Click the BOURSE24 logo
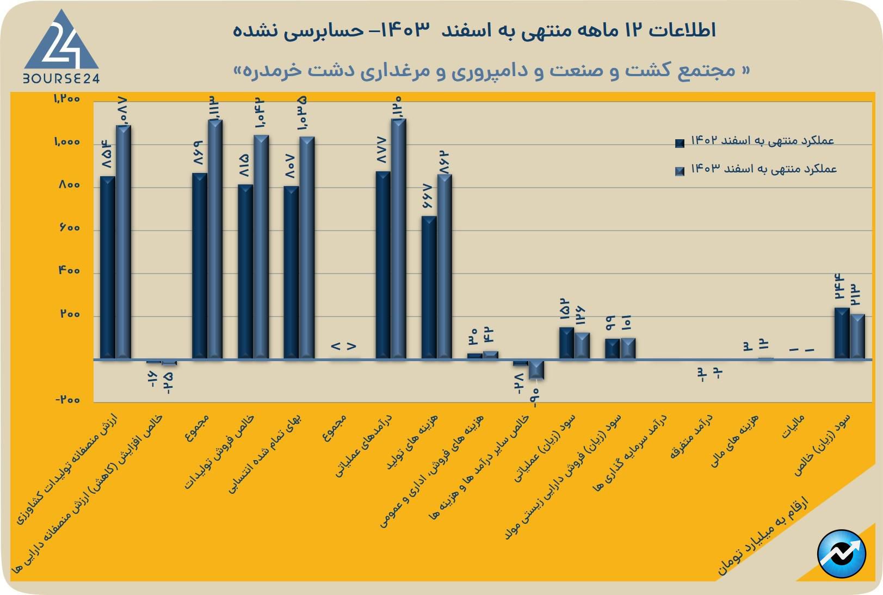pyautogui.click(x=61, y=49)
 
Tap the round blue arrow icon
pyautogui.click(x=841, y=554)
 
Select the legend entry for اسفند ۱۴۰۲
pyautogui.click(x=756, y=141)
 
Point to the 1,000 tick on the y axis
pyautogui.click(x=67, y=142)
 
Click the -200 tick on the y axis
pyautogui.click(x=67, y=400)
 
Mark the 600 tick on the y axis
pyautogui.click(x=69, y=228)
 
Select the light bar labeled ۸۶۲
pyautogui.click(x=444, y=266)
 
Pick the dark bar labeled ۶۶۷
pyautogui.click(x=429, y=287)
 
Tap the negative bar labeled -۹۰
pyautogui.click(x=536, y=369)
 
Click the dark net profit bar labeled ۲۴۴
pyautogui.click(x=842, y=333)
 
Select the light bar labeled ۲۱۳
pyautogui.click(x=857, y=336)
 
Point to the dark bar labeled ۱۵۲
pyautogui.click(x=566, y=343)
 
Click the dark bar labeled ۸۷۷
pyautogui.click(x=383, y=265)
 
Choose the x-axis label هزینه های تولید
pyautogui.click(x=412, y=441)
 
